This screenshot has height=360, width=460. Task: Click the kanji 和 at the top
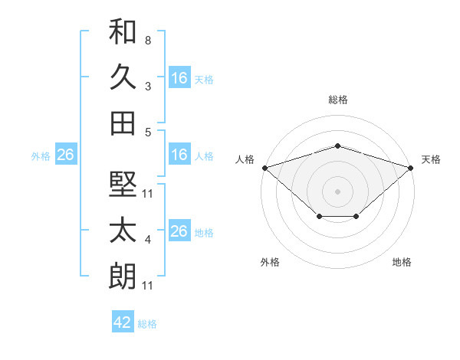point(123,31)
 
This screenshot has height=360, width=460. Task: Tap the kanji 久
point(123,77)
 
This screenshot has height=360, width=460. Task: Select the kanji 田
point(123,123)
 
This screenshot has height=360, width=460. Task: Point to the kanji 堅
point(123,184)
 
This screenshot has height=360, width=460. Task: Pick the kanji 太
point(123,230)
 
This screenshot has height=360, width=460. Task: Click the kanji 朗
point(123,276)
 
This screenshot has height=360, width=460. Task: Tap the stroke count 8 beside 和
point(148,41)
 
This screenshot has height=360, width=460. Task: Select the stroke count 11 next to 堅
point(147,194)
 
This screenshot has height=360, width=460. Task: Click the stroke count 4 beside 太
point(148,240)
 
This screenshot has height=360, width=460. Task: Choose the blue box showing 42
point(123,321)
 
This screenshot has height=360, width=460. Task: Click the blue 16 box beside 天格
point(179,77)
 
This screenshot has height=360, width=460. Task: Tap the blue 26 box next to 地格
point(179,230)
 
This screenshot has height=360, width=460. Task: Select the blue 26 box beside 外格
point(66,154)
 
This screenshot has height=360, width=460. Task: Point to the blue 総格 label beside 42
point(147,324)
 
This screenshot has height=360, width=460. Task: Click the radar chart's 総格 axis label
point(338,100)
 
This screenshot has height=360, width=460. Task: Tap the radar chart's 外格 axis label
point(270,262)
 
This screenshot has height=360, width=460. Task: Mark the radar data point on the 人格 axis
point(265,168)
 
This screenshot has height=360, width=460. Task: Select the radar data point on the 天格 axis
point(411,168)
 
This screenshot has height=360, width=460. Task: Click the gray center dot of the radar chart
point(337,191)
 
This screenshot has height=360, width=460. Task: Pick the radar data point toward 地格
point(356,216)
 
